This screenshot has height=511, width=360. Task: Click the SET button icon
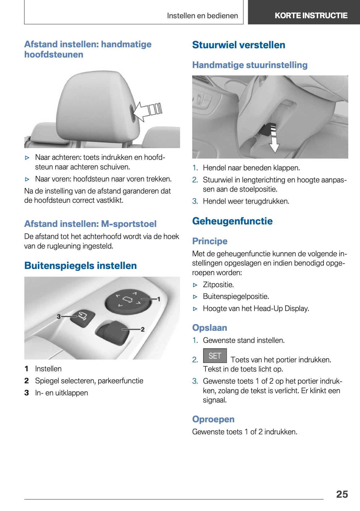[x=215, y=356]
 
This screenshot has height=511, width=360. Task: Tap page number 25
[x=342, y=494]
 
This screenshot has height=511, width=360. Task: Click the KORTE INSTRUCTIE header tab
[x=311, y=15]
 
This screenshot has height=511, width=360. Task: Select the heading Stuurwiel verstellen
[x=239, y=45]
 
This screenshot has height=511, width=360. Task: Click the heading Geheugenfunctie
[x=232, y=221]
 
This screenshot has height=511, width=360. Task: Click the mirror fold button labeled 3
[x=82, y=317]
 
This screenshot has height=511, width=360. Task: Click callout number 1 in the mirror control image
[x=159, y=299]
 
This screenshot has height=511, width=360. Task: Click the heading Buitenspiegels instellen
[x=80, y=266]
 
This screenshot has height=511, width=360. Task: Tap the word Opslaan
[x=210, y=328]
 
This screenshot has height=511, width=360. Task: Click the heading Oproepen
[x=213, y=419]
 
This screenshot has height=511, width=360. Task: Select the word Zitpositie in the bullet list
[x=218, y=284]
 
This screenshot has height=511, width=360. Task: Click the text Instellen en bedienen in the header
[x=202, y=16]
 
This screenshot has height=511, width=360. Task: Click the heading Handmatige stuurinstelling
[x=250, y=65]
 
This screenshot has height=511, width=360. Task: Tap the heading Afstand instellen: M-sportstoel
[x=90, y=224]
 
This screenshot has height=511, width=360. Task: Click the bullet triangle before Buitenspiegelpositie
[x=195, y=297]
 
